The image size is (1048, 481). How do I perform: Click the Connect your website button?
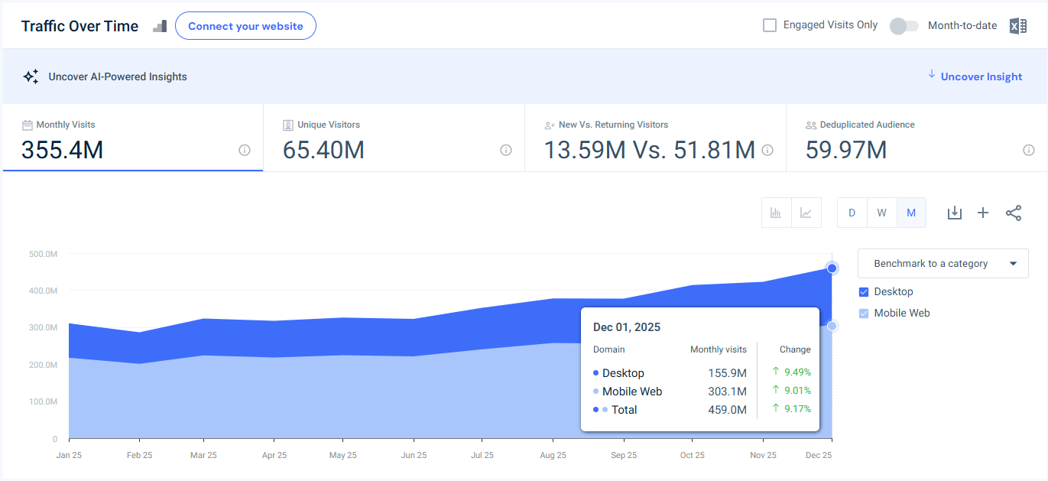(x=245, y=26)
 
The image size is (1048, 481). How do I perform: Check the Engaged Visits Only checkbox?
(x=770, y=25)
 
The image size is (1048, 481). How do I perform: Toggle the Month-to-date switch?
(x=904, y=26)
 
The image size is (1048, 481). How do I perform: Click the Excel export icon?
(x=1017, y=26)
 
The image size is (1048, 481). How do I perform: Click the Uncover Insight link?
(x=981, y=76)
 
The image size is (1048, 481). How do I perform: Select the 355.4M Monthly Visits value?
(x=62, y=150)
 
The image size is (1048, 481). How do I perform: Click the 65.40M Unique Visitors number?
(x=323, y=150)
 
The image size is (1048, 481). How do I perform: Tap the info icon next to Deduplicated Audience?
(x=1028, y=150)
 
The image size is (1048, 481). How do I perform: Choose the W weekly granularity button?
(x=881, y=213)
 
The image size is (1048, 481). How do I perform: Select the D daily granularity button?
(x=852, y=213)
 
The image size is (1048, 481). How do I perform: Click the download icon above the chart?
(x=954, y=213)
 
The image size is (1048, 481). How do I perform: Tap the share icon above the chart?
(x=1013, y=213)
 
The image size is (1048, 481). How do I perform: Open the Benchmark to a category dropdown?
(x=943, y=263)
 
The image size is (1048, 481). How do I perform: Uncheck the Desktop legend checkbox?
(x=864, y=292)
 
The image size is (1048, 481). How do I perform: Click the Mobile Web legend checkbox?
(x=864, y=314)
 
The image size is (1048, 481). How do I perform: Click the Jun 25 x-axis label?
(x=414, y=455)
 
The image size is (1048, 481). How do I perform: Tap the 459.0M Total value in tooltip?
(x=727, y=410)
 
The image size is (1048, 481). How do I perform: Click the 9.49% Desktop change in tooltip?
(x=797, y=372)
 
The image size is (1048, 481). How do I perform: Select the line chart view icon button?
(x=806, y=213)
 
